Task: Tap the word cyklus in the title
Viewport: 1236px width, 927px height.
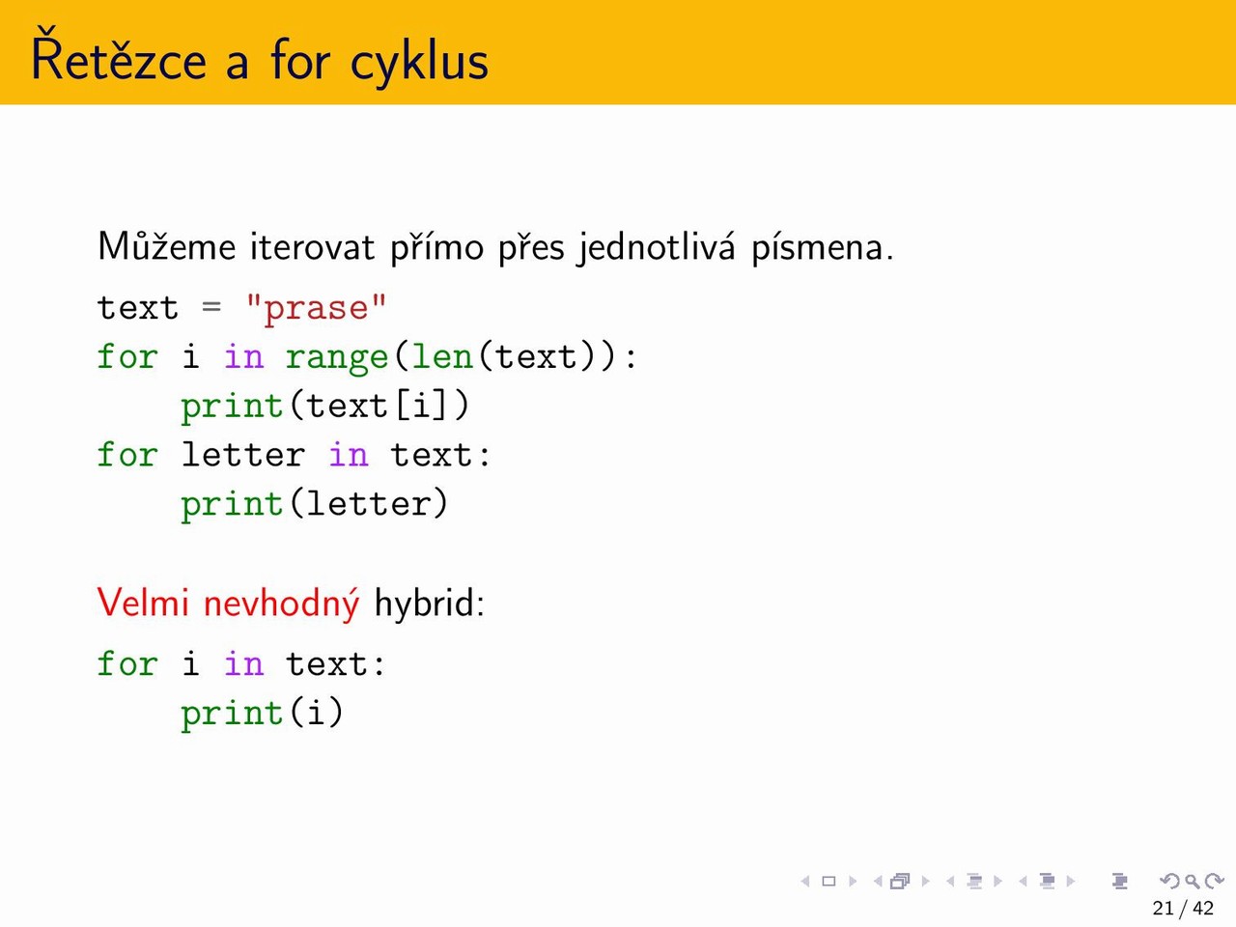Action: pyautogui.click(x=419, y=62)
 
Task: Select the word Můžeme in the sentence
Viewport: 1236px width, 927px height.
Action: pyautogui.click(x=167, y=246)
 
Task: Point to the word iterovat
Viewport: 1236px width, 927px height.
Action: pyautogui.click(x=313, y=247)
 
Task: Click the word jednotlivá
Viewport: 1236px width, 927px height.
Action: pyautogui.click(x=656, y=248)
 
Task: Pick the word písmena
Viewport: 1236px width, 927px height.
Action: pyautogui.click(x=823, y=248)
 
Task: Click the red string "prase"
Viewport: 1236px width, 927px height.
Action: pyautogui.click(x=316, y=309)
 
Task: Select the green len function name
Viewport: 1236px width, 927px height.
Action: pyautogui.click(x=442, y=356)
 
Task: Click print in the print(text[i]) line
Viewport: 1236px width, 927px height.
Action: pyautogui.click(x=232, y=407)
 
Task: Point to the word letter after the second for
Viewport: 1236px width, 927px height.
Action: pyautogui.click(x=243, y=454)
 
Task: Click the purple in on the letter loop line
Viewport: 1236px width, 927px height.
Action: pyautogui.click(x=349, y=454)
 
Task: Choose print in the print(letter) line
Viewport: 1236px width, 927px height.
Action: pyautogui.click(x=232, y=505)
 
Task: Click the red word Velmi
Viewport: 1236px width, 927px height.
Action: pyautogui.click(x=143, y=603)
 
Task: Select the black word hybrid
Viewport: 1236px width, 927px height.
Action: pyautogui.click(x=429, y=604)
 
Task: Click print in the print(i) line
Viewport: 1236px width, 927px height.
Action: pyautogui.click(x=232, y=715)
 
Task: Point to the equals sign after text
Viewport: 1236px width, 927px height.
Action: pyautogui.click(x=211, y=307)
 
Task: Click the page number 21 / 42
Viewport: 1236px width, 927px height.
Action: pyautogui.click(x=1183, y=908)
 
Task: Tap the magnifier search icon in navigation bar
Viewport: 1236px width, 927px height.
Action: pyautogui.click(x=1193, y=881)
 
